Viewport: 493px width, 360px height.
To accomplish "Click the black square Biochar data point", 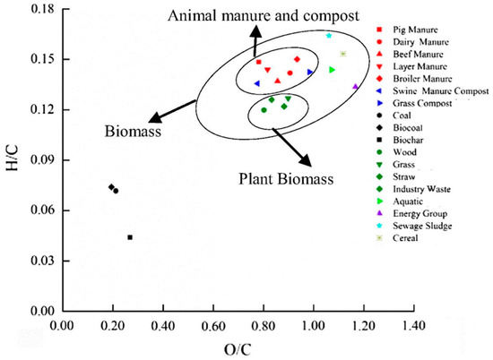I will point(130,237).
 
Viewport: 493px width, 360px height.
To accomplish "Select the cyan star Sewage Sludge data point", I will point(329,36).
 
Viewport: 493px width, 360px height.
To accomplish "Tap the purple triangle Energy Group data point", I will point(356,87).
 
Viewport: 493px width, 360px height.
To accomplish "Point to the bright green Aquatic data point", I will point(333,69).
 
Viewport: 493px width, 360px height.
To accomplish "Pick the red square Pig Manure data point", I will point(259,62).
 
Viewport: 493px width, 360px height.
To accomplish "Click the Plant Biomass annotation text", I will point(285,178).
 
